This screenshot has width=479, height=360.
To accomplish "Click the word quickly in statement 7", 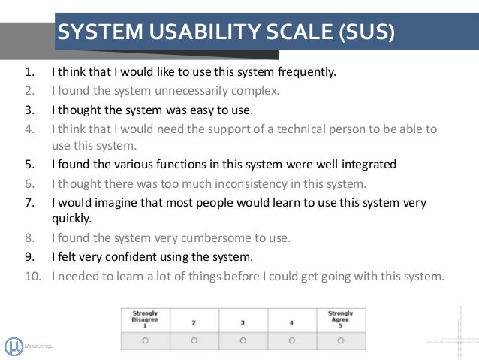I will tap(70, 219).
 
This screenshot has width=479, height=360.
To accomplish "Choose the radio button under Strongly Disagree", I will tap(145, 340).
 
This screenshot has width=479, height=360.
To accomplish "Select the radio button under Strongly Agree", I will tap(340, 340).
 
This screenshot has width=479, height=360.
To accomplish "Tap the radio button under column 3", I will tap(243, 340).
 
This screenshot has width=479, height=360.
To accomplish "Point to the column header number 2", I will tap(194, 322).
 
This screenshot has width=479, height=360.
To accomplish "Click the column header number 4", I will tap(291, 322).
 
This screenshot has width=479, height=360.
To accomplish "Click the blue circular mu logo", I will tap(13, 346).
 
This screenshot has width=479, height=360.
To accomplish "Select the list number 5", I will tap(29, 165).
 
